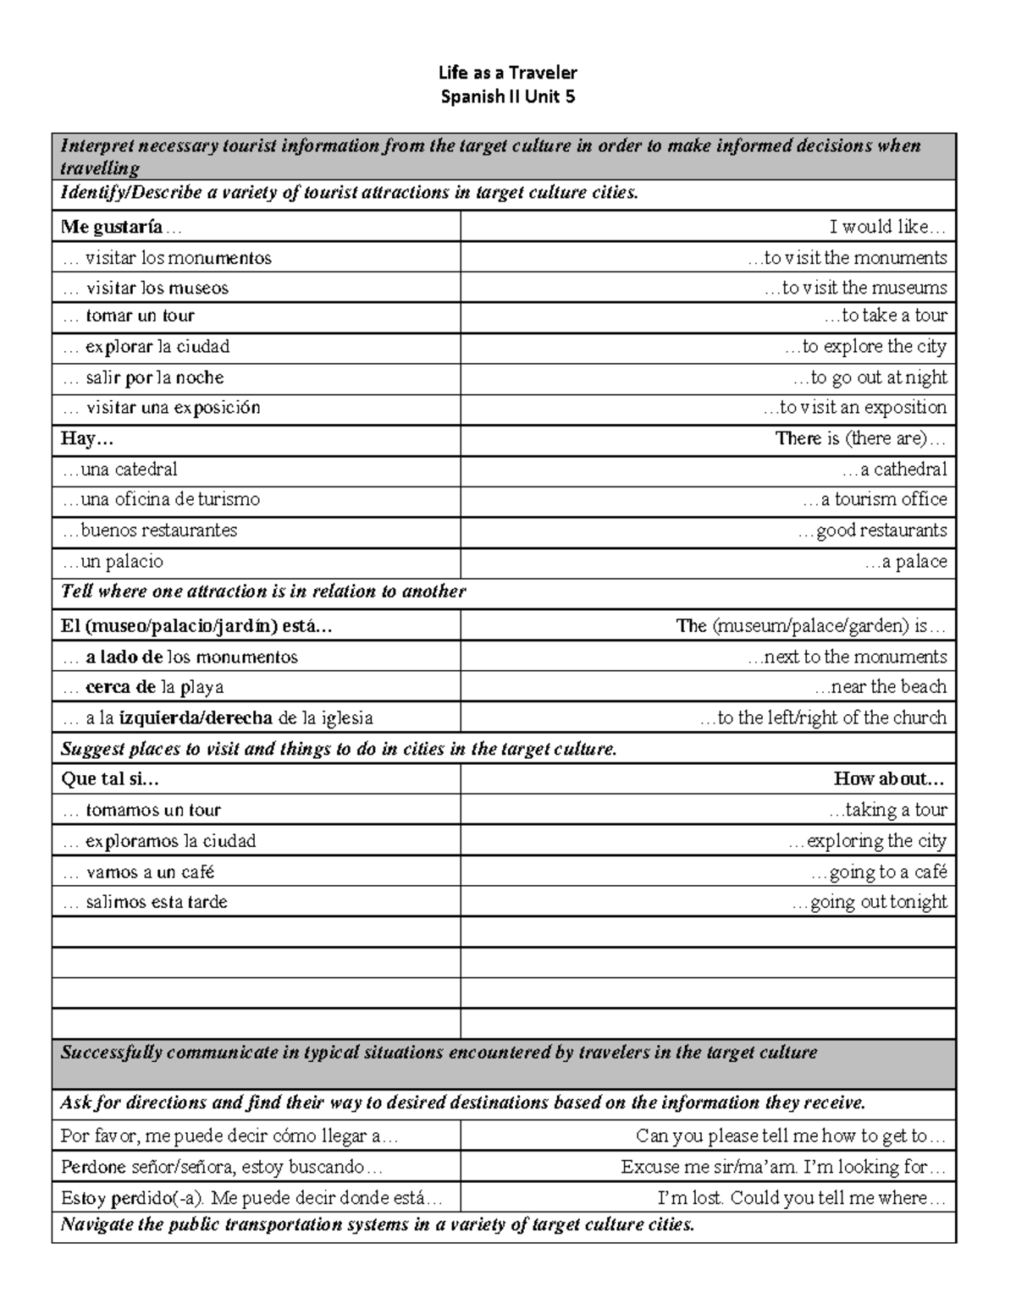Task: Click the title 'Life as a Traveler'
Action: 508,74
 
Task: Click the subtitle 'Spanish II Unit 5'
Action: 508,96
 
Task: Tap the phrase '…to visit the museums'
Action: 855,288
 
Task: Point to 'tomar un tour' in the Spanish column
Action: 140,316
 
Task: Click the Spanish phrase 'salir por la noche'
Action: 154,377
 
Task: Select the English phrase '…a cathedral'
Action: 894,470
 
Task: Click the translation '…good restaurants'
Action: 872,531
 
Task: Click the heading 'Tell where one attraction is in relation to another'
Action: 263,591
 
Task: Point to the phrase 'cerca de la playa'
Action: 154,687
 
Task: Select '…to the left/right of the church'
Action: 823,718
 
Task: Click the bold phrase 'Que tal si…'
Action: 110,779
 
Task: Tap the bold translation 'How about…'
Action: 889,779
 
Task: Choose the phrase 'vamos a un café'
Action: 150,872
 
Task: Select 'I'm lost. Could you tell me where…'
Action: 801,1198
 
